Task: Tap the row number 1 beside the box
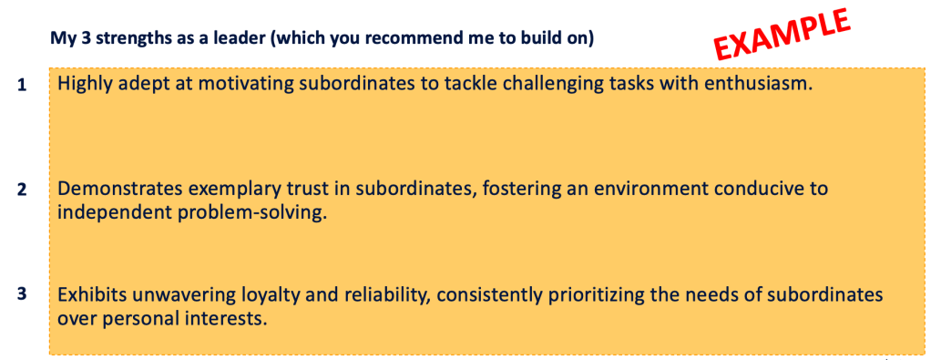coord(21,86)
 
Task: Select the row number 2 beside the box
coord(21,190)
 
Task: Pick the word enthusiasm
coord(755,84)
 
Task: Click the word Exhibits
coord(87,294)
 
